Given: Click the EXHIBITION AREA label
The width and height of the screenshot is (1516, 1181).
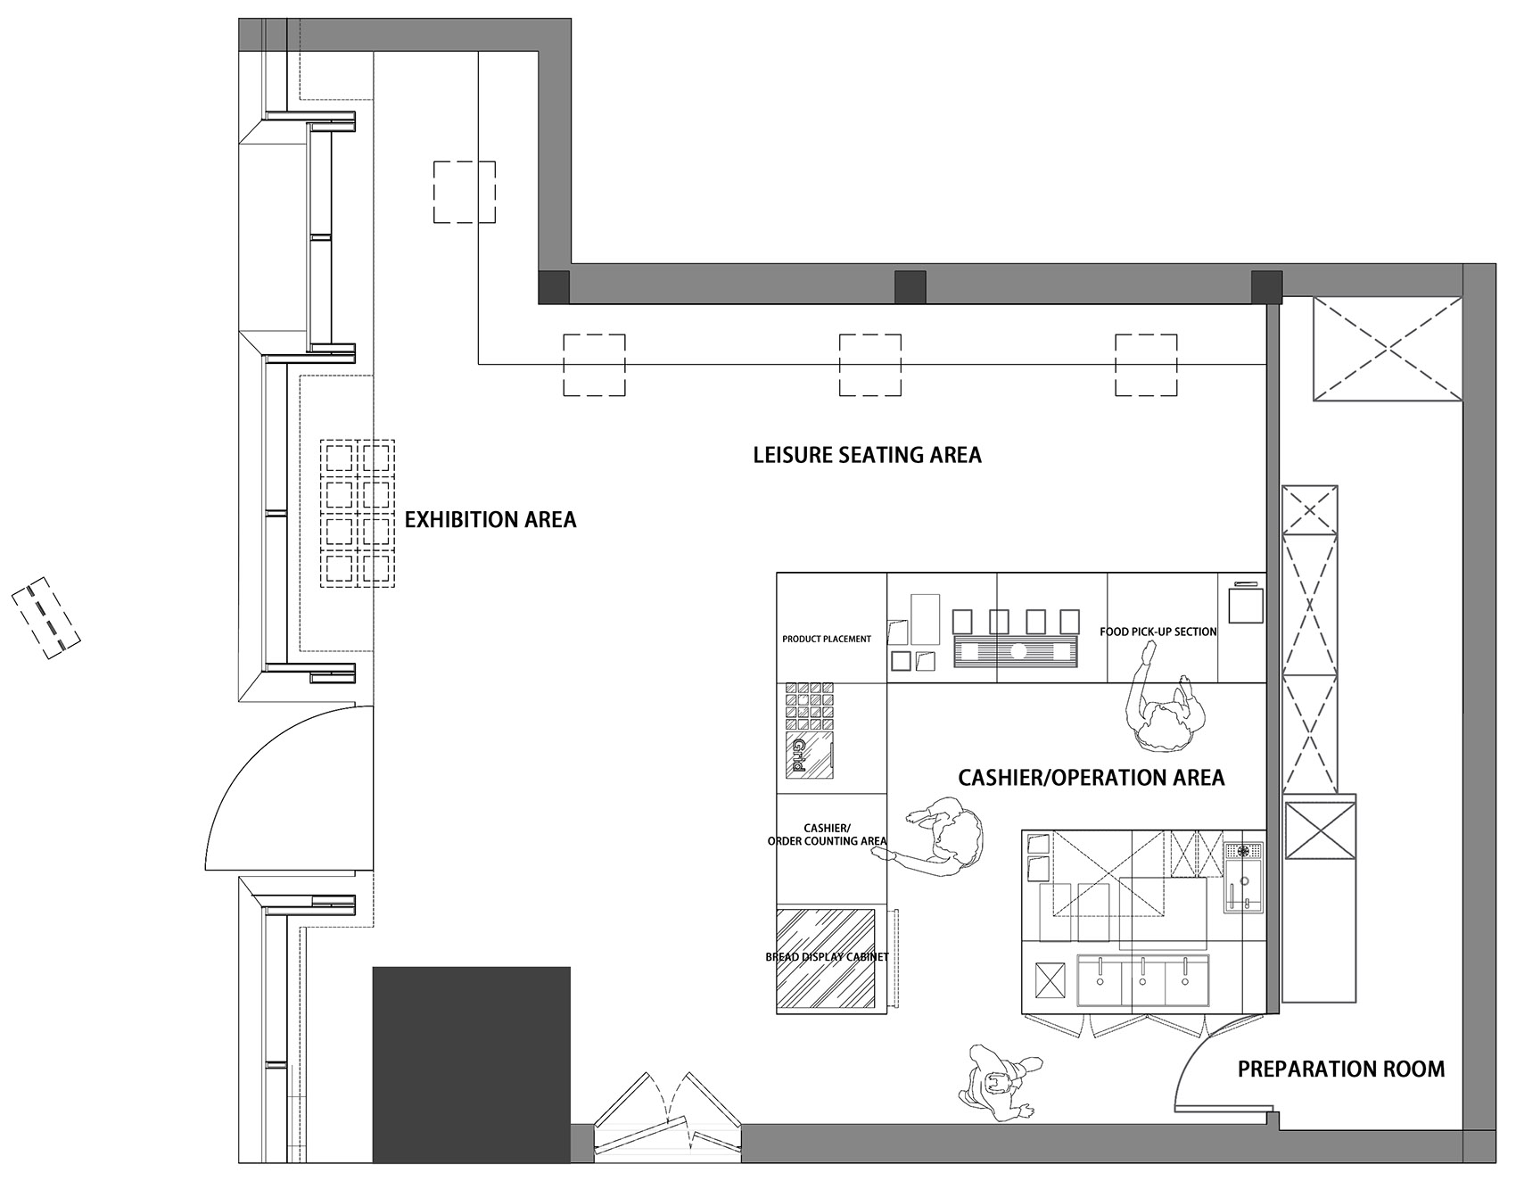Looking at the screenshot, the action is click(490, 519).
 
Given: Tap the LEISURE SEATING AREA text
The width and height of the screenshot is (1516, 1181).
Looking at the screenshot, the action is click(867, 455).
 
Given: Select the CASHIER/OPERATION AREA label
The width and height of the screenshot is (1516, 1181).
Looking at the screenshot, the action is click(1092, 778).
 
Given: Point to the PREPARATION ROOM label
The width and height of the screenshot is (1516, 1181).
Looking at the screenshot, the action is click(1341, 1069).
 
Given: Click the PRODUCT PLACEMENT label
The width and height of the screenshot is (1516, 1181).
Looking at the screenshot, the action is click(827, 640).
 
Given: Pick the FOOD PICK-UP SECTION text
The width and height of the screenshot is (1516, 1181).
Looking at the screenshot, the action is click(1158, 632).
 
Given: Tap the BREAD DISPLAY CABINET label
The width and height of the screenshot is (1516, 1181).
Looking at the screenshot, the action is click(828, 957).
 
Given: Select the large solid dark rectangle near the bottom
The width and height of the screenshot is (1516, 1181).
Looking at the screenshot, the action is click(471, 1064).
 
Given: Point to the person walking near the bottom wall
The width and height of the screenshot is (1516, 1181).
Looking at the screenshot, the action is click(999, 1082).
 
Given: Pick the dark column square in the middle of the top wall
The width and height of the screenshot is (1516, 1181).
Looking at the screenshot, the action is click(910, 286).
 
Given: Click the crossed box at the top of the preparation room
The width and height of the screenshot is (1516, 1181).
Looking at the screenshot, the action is click(1388, 349).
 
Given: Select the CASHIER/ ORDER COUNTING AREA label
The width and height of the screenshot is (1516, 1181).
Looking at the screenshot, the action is click(828, 835).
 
